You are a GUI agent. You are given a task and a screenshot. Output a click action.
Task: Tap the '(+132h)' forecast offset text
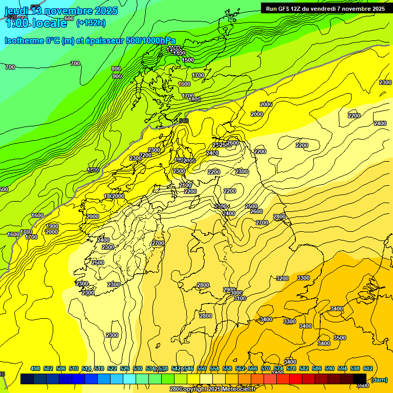coord(91,23)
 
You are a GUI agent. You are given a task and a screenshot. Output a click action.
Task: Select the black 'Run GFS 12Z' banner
coord(324,8)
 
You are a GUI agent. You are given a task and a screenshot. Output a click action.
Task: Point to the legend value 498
coord(35,368)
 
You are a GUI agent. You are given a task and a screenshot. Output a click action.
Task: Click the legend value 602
coord(367,368)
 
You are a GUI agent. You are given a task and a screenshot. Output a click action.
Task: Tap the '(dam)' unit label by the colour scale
coord(379,379)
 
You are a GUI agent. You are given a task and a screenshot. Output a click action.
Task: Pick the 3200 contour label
coord(282,278)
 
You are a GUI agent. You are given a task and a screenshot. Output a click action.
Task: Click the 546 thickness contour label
coord(183,121)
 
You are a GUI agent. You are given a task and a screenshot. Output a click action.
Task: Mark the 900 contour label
coord(117,76)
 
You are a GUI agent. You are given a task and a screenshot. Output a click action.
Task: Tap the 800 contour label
coord(116,69)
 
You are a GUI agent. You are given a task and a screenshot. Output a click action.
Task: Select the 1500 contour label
coord(188,60)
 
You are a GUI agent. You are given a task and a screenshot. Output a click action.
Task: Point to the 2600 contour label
coord(256,211)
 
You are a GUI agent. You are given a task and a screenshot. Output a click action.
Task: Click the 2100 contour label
coord(185,185)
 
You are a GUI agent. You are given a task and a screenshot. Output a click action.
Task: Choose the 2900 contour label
coord(229,290)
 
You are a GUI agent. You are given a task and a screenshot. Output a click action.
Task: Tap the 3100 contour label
coord(239,298)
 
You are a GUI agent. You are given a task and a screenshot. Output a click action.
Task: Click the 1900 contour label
coord(52,226)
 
